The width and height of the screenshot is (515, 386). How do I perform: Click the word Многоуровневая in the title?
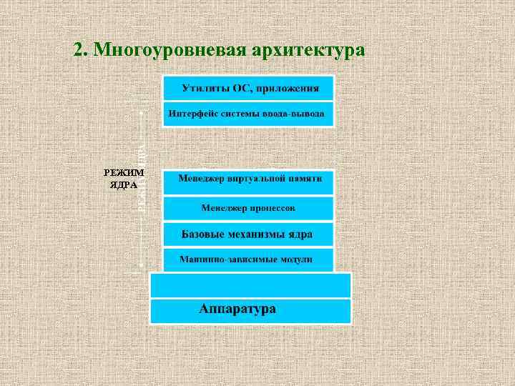click(x=169, y=51)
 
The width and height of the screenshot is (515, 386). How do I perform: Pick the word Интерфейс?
click(x=192, y=113)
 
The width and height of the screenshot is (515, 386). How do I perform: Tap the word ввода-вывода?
click(x=298, y=113)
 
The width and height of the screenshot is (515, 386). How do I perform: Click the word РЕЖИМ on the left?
click(x=124, y=172)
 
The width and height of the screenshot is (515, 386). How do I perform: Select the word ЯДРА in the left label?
click(x=124, y=184)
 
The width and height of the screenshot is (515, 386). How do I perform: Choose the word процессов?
click(x=271, y=208)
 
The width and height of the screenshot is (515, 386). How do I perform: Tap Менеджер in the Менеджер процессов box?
click(x=223, y=208)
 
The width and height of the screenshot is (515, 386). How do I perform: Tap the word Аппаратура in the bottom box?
click(x=237, y=310)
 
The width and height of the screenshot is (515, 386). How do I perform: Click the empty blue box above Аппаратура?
click(x=250, y=285)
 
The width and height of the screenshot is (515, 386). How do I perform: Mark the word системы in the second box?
click(x=244, y=113)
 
